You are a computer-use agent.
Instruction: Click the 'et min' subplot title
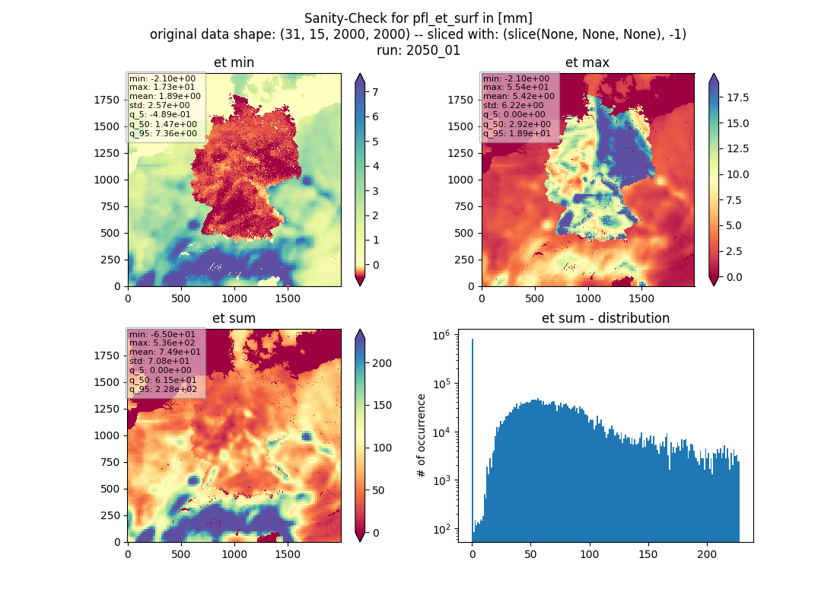pyautogui.click(x=234, y=62)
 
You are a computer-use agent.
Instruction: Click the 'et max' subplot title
pyautogui.click(x=587, y=62)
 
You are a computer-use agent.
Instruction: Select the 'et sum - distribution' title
pyautogui.click(x=606, y=318)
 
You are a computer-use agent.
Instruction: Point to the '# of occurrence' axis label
pyautogui.click(x=422, y=436)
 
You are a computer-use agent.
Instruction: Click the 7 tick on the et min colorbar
pyautogui.click(x=375, y=92)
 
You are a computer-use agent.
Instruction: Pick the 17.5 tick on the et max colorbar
pyautogui.click(x=738, y=97)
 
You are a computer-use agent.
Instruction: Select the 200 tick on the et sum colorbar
pyautogui.click(x=382, y=363)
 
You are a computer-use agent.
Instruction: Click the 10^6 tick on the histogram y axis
pyautogui.click(x=441, y=336)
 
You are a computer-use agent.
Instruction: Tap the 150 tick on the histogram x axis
pyautogui.click(x=648, y=554)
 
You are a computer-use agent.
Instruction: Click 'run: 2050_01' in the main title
pyautogui.click(x=418, y=50)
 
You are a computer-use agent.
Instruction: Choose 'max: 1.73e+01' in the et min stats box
pyautogui.click(x=162, y=87)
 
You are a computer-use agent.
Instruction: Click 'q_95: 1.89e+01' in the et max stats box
pyautogui.click(x=517, y=133)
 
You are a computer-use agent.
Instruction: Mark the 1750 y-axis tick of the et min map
pyautogui.click(x=107, y=100)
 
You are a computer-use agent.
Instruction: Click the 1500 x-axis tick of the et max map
pyautogui.click(x=641, y=298)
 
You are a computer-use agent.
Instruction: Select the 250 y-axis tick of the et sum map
pyautogui.click(x=110, y=515)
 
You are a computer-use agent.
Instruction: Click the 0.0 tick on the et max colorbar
pyautogui.click(x=734, y=277)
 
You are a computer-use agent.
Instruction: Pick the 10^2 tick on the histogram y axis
pyautogui.click(x=441, y=529)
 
